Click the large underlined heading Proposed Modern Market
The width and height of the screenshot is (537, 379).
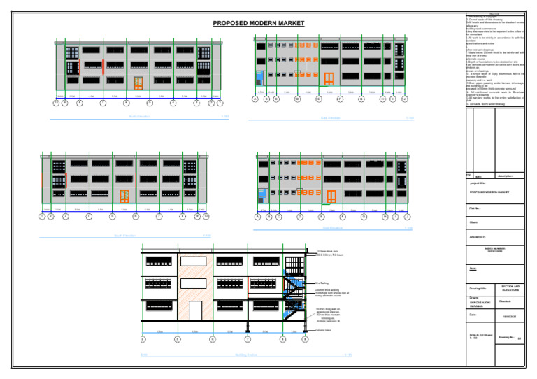point(259,24)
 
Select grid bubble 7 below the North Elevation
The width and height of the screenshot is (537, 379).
point(103,103)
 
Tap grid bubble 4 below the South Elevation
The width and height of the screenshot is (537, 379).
point(89,217)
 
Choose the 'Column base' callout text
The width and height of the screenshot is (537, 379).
point(323,330)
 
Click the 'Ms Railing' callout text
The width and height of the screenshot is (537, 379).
point(322,283)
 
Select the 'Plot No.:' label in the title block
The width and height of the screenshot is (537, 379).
point(475,208)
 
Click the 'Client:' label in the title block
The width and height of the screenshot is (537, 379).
point(474,222)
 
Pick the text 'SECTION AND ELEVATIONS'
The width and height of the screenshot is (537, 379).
point(510,288)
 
